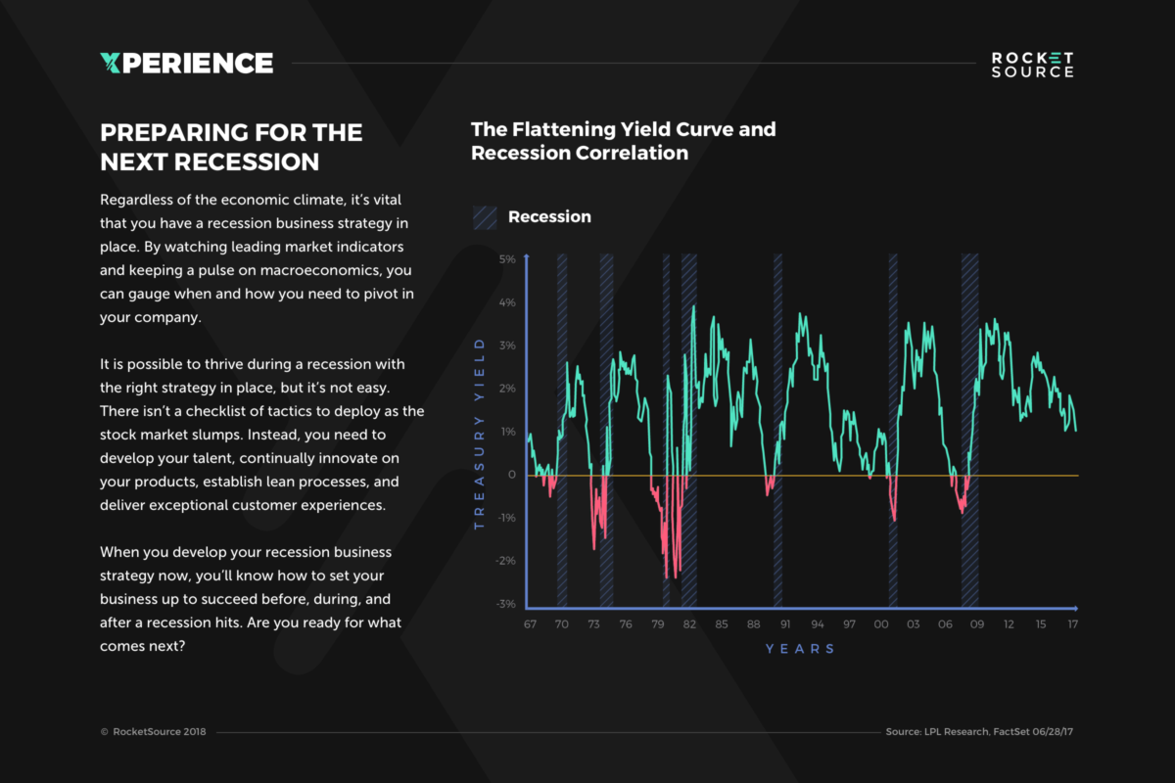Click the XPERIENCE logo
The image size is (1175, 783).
tap(186, 64)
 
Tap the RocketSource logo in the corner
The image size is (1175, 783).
tap(1032, 65)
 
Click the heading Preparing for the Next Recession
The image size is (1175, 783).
tap(231, 146)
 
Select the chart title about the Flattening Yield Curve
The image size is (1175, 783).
tap(623, 141)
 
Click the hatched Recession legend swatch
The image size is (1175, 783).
tap(486, 217)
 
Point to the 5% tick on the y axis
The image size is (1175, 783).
tap(507, 259)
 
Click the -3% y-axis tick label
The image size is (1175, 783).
tap(505, 604)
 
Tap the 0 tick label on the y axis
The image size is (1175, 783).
tap(511, 475)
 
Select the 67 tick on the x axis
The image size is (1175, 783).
tap(530, 623)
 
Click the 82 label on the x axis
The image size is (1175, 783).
tap(689, 623)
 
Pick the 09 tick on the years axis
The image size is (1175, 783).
tap(977, 623)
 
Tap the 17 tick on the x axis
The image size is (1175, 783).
tap(1073, 623)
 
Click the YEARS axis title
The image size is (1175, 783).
tap(800, 649)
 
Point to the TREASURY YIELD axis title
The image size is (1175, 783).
tap(480, 433)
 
